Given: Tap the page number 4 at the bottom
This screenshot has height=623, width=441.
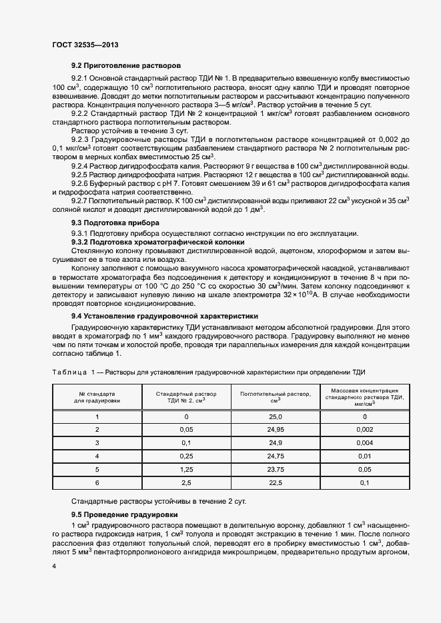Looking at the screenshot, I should point(54,566).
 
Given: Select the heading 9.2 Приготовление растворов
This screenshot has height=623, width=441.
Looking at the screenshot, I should point(126,67).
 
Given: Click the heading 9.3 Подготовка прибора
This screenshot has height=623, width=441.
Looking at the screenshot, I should point(117,222).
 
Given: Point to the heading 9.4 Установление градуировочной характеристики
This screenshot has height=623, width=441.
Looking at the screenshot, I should point(165,297).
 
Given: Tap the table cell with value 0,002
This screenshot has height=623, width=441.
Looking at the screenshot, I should point(364,429).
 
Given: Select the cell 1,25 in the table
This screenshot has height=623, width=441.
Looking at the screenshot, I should point(186,469).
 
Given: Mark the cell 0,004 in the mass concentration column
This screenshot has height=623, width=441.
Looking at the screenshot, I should point(364,442).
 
